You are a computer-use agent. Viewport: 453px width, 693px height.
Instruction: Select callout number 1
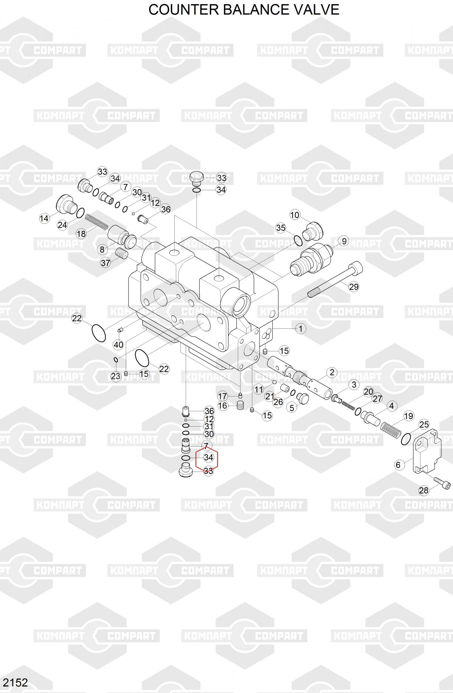(300, 328)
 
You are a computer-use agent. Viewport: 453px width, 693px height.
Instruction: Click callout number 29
(354, 287)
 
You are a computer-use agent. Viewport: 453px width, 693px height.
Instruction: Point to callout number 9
(344, 241)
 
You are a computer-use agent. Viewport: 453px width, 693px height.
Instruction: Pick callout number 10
(295, 215)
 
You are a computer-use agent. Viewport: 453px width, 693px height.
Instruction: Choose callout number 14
(44, 218)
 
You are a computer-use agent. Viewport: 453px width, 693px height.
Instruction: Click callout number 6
(398, 465)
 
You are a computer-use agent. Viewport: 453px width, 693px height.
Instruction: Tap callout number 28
(424, 490)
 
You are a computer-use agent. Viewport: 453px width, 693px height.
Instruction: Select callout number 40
(119, 345)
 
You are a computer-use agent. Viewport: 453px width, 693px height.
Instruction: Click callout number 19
(409, 416)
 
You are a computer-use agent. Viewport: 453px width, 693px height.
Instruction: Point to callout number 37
(105, 263)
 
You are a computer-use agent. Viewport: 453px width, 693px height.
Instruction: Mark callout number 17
(222, 396)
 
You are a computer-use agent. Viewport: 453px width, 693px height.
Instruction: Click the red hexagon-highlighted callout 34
(208, 457)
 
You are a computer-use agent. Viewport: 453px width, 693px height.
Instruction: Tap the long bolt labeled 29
(335, 279)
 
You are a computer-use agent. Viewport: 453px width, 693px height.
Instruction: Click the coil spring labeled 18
(97, 222)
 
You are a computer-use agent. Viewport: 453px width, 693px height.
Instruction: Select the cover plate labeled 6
(428, 452)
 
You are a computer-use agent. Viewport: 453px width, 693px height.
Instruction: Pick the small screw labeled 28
(442, 482)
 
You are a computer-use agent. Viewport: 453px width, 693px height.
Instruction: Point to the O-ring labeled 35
(298, 240)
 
